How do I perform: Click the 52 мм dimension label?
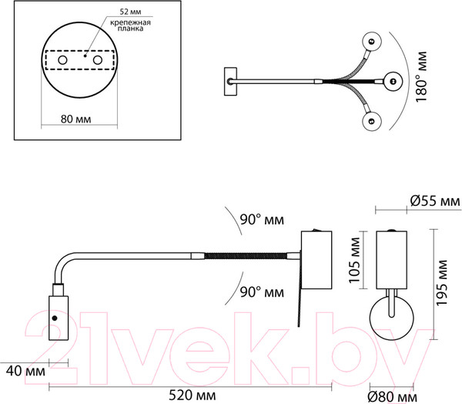[x=131, y=12]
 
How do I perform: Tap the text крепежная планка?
[x=131, y=25]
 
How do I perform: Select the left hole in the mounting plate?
[x=62, y=60]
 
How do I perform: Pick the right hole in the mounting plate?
[x=98, y=60]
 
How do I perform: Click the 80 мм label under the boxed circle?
[x=75, y=120]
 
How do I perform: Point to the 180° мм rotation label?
[x=421, y=77]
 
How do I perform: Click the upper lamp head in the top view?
[x=372, y=42]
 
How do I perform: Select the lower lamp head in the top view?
[x=372, y=121]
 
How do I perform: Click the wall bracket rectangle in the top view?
[x=230, y=82]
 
